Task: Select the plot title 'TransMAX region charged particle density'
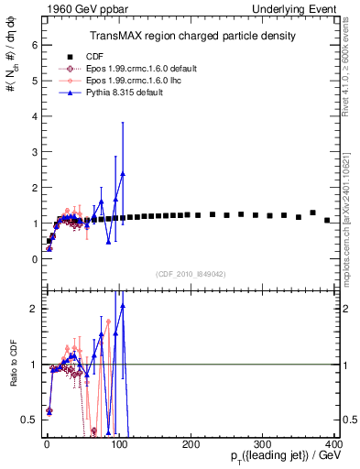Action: click(x=192, y=36)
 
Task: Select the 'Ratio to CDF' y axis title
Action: click(x=11, y=376)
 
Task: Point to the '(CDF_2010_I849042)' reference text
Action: click(x=191, y=272)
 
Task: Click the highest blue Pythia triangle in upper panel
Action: click(x=123, y=173)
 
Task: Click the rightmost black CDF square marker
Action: click(x=327, y=220)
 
